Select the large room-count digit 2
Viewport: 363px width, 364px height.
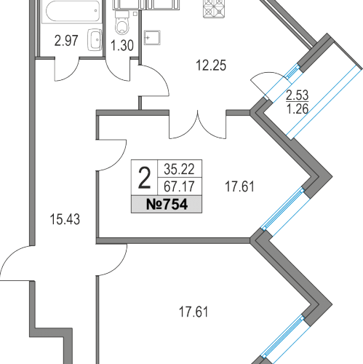tap(144, 176)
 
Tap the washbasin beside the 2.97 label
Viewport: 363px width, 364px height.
tap(94, 38)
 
